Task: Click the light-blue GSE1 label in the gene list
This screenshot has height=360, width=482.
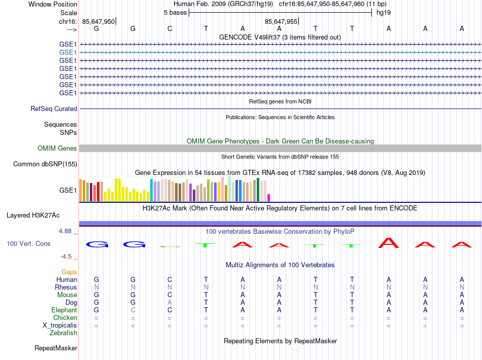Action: [x=68, y=52]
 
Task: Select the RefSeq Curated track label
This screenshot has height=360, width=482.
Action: [x=54, y=109]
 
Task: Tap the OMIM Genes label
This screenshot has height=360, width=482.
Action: [x=57, y=149]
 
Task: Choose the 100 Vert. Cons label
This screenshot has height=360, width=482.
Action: [x=28, y=244]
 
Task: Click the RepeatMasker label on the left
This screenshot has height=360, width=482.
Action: [x=56, y=348]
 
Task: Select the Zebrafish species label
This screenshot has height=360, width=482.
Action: [x=63, y=333]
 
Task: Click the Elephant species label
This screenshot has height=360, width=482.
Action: [x=64, y=310]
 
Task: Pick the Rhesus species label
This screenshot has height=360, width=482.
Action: [x=66, y=287]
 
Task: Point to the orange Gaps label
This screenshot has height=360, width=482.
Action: [x=69, y=272]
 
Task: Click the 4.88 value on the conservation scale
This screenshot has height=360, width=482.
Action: [x=67, y=231]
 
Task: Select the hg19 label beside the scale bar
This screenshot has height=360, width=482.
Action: [x=383, y=12]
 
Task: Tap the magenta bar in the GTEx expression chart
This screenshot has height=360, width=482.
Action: [x=269, y=198]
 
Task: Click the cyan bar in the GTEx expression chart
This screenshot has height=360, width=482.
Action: [x=151, y=190]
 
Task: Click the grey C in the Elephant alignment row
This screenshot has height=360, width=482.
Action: [x=133, y=310]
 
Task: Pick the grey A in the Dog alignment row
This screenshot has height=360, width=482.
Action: [x=169, y=302]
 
